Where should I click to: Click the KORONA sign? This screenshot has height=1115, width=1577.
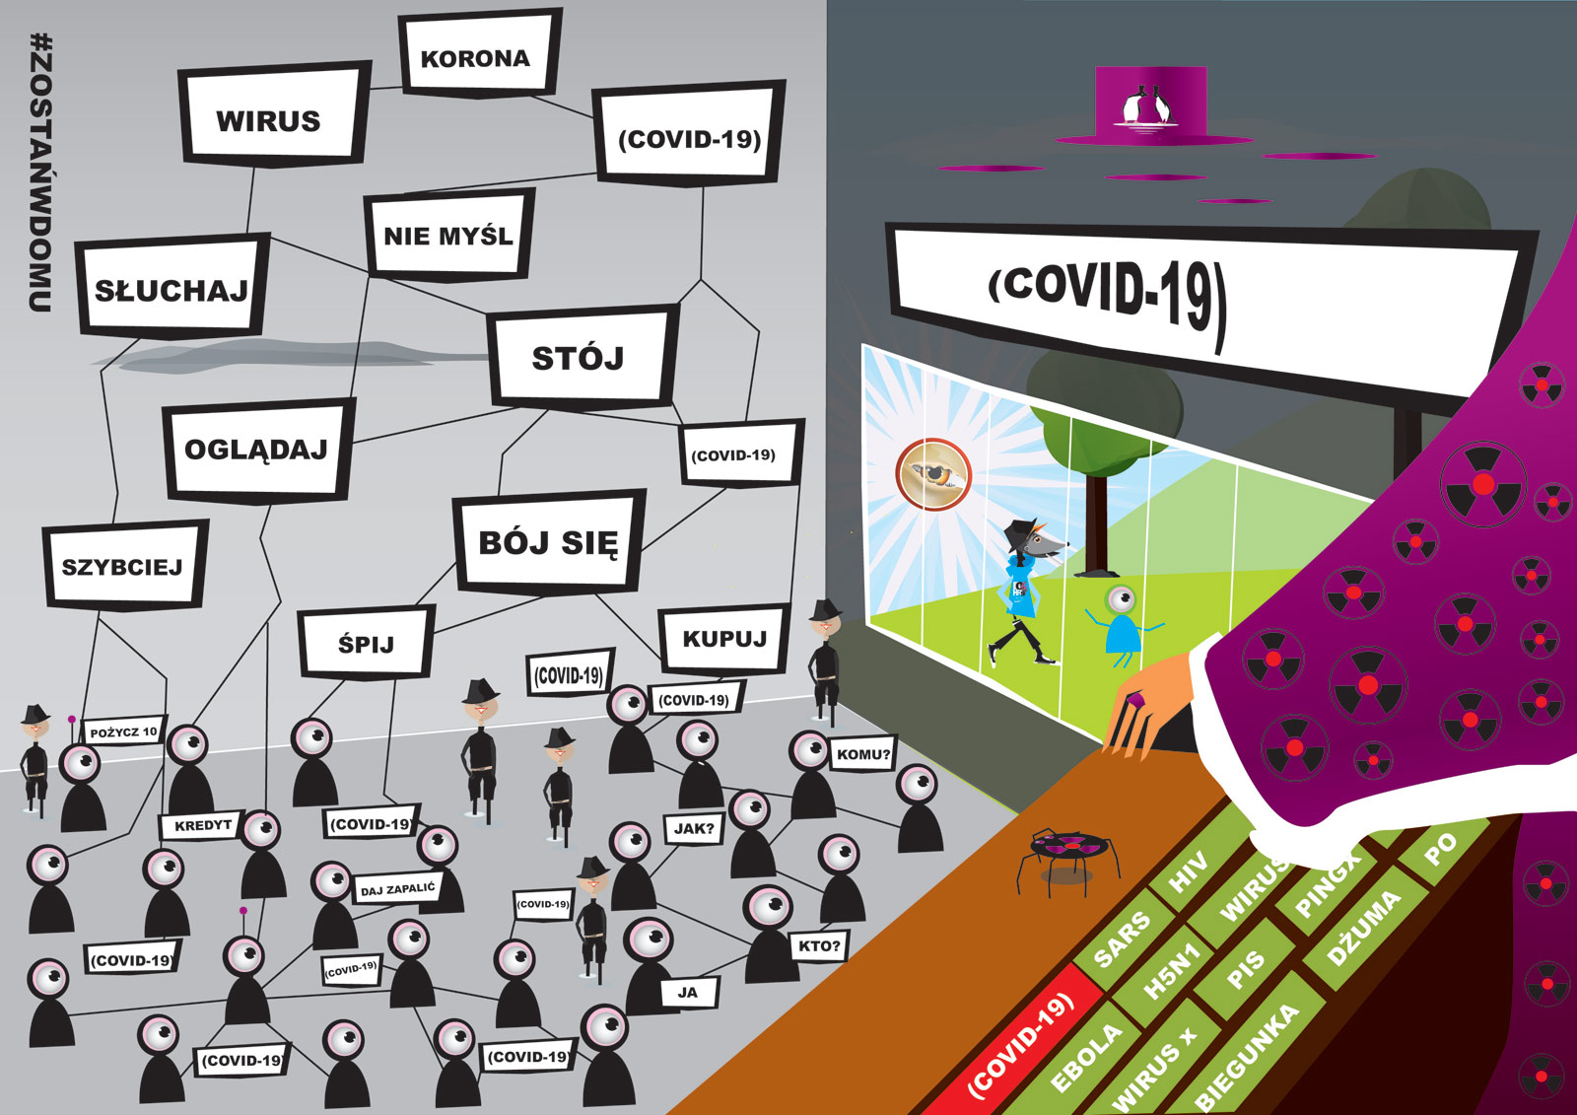(x=476, y=57)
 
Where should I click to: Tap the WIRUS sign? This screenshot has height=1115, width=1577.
(x=269, y=119)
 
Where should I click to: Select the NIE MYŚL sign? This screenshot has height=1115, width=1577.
(x=448, y=236)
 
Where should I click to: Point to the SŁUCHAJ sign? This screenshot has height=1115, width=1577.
(x=171, y=289)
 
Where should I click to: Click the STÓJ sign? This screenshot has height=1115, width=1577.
(x=579, y=357)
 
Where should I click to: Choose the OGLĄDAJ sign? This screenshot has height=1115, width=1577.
(x=256, y=450)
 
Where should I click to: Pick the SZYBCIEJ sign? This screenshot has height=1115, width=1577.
(x=122, y=567)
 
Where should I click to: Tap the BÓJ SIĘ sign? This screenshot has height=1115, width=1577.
(x=548, y=542)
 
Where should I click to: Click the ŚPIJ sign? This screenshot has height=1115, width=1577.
(x=366, y=644)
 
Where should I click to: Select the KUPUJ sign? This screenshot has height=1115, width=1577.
(x=724, y=638)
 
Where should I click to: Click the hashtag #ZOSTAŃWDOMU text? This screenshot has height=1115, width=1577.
(x=40, y=173)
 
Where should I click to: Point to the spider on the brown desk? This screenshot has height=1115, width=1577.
(x=1067, y=854)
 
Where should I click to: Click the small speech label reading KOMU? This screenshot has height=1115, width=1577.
(x=863, y=754)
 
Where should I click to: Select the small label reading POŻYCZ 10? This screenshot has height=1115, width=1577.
(x=123, y=732)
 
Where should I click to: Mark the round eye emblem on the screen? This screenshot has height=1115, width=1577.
(x=933, y=474)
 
